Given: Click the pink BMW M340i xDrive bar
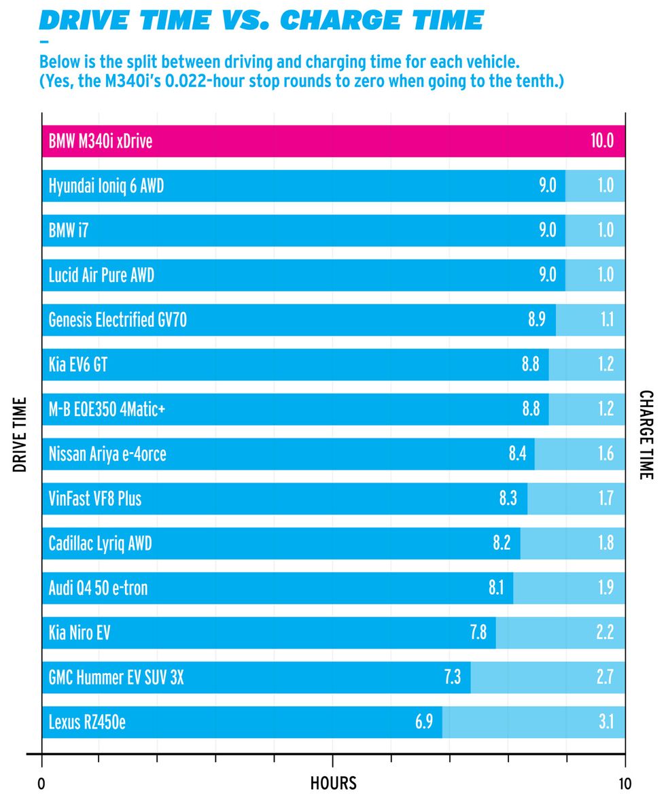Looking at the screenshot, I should (333, 141).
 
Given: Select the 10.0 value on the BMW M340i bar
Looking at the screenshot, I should (602, 141).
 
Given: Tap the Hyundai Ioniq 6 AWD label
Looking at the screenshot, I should (106, 186).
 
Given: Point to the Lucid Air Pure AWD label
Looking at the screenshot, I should (106, 275).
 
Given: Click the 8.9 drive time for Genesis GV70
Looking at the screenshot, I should (537, 319).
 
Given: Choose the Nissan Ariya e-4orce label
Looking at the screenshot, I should (107, 453).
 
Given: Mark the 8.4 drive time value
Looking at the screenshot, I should (518, 453).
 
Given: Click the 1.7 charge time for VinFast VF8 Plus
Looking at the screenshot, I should (606, 498).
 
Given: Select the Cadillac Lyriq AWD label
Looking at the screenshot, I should (100, 543).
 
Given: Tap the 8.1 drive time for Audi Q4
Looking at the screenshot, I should (496, 588).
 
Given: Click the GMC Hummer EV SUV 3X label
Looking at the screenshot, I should (116, 677).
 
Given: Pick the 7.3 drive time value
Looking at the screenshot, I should (453, 677).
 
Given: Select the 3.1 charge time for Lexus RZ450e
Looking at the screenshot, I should (606, 722).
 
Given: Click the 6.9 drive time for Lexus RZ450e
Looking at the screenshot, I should (424, 722).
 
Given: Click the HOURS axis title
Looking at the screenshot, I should (333, 782).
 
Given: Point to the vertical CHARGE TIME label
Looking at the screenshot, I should (646, 435).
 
